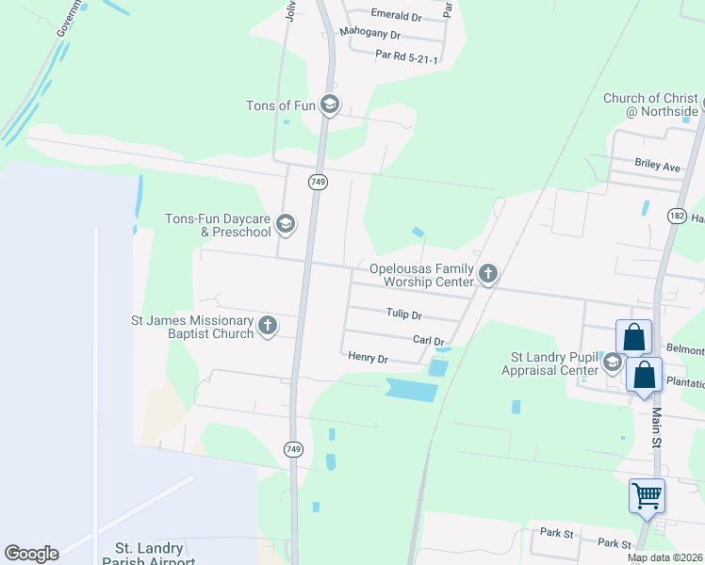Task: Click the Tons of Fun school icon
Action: pyautogui.click(x=329, y=105)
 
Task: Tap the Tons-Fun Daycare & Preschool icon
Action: pyautogui.click(x=286, y=224)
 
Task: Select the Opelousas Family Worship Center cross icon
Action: pyautogui.click(x=487, y=274)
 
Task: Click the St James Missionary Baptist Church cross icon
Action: pyautogui.click(x=268, y=326)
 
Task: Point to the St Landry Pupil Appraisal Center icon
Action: pyautogui.click(x=612, y=363)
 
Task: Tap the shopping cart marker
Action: pyautogui.click(x=647, y=497)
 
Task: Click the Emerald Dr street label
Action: pyautogui.click(x=396, y=16)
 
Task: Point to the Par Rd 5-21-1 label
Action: pyautogui.click(x=406, y=57)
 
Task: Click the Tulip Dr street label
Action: pyautogui.click(x=403, y=315)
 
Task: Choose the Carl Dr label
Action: pyautogui.click(x=428, y=340)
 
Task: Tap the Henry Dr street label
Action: pyautogui.click(x=368, y=358)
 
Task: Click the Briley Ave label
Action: pyautogui.click(x=658, y=167)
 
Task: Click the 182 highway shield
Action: pyautogui.click(x=676, y=216)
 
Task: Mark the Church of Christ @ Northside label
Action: pyautogui.click(x=650, y=105)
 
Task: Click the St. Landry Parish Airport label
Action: pyautogui.click(x=155, y=554)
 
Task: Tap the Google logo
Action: pyautogui.click(x=31, y=554)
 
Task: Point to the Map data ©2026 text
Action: pyautogui.click(x=665, y=558)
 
